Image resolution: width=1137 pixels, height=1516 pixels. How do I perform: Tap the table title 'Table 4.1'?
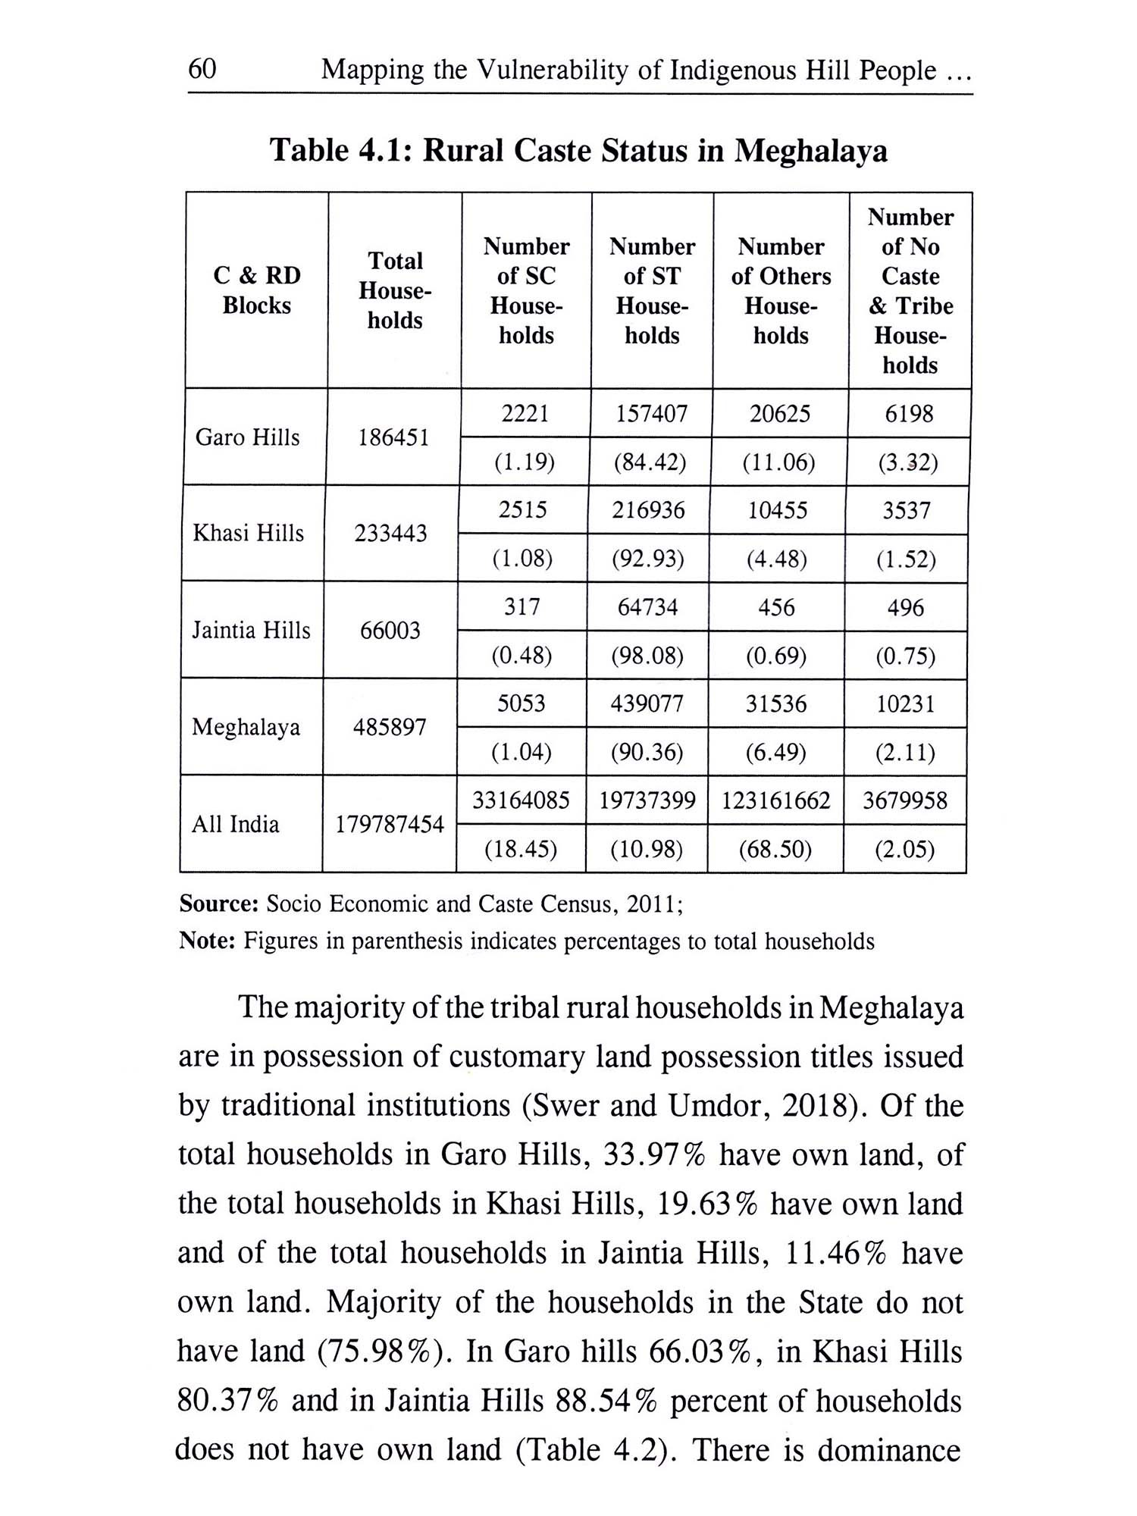[x=340, y=150]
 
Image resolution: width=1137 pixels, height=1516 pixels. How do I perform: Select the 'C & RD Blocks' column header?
[x=257, y=290]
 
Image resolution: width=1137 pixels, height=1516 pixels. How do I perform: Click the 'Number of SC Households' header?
[x=526, y=291]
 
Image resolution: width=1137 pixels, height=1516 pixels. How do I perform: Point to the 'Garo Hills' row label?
[x=247, y=437]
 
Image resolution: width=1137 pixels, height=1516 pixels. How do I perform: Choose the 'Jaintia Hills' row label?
[x=251, y=630]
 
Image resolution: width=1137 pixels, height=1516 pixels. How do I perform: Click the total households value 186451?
[x=393, y=437]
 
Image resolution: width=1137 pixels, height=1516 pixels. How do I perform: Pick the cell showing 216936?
[x=649, y=510]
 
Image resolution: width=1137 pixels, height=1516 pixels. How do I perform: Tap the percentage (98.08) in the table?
[x=648, y=656]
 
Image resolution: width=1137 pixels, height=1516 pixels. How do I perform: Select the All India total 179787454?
[x=390, y=824]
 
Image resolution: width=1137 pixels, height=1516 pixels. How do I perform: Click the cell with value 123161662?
[x=776, y=800]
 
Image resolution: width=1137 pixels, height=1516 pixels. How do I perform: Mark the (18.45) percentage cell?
[x=521, y=850]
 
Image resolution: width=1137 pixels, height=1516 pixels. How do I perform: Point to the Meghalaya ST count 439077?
[x=647, y=704]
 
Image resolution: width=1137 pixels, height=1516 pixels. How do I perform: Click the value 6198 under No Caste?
[x=909, y=414]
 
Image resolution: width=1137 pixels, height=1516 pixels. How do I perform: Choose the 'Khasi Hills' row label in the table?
[x=248, y=534]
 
